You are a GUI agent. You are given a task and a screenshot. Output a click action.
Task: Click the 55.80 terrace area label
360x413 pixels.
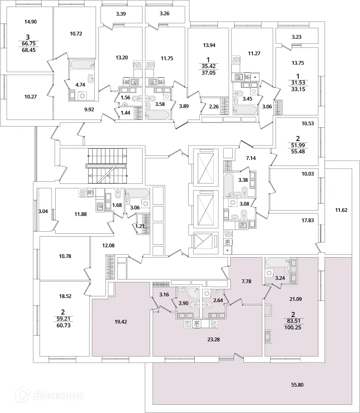click(298, 385)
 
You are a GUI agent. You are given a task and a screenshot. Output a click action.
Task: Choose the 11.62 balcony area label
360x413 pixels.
click(341, 210)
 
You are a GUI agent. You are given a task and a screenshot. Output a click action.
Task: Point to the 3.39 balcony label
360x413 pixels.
click(121, 14)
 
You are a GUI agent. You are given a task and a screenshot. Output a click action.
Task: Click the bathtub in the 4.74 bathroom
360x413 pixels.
click(82, 65)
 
